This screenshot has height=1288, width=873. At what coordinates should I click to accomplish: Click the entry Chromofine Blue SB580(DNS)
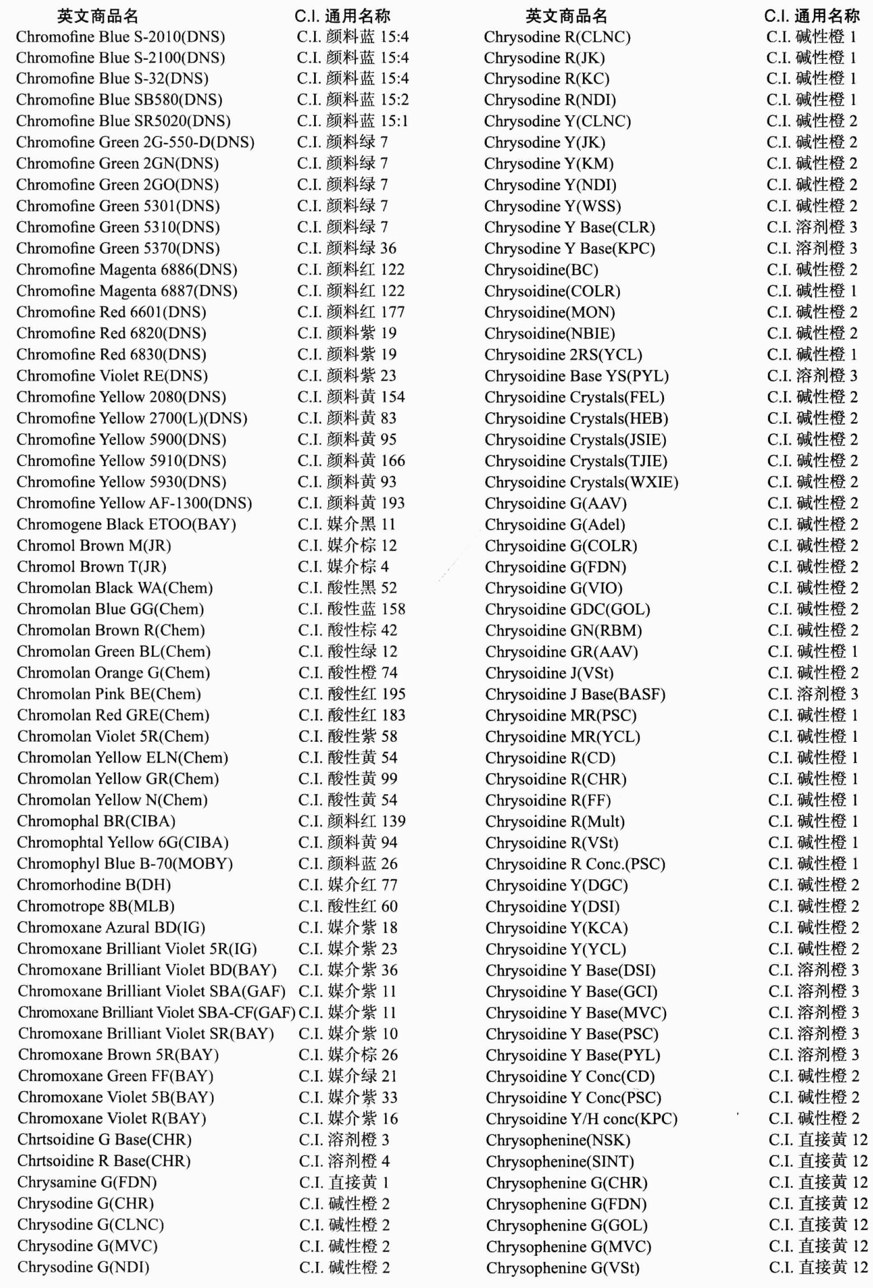tap(119, 100)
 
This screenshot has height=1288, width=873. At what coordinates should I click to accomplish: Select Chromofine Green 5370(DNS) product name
tap(118, 248)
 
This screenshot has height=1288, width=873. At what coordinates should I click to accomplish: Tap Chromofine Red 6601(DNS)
tap(111, 312)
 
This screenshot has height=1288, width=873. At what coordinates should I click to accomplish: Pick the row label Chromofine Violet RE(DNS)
tap(112, 376)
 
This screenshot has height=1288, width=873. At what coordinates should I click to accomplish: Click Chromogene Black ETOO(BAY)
tap(126, 524)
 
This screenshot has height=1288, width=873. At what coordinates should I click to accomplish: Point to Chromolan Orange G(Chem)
tap(113, 673)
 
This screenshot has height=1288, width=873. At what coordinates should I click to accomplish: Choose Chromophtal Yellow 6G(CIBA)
tap(122, 842)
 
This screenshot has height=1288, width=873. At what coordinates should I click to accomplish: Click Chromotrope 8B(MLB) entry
tap(96, 906)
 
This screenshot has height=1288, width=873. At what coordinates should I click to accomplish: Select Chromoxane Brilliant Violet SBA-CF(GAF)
tap(156, 1012)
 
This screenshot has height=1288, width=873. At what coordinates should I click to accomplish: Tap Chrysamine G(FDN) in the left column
tap(87, 1182)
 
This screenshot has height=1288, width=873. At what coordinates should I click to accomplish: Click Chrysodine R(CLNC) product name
tap(557, 37)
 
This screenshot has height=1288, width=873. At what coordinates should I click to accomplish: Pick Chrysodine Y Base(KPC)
tap(570, 248)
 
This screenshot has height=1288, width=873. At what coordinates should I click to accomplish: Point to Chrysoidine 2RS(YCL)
tap(563, 354)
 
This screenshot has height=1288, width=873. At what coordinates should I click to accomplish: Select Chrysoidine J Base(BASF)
tap(575, 694)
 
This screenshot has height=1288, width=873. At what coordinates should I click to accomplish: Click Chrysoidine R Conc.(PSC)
tap(575, 864)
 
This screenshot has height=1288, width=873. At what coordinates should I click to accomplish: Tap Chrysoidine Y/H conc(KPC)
tap(581, 1119)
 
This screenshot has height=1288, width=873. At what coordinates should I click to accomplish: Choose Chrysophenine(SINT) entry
tap(559, 1161)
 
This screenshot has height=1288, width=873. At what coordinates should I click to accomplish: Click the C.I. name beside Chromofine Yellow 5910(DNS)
tap(351, 461)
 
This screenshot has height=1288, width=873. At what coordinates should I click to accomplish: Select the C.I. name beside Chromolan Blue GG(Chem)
tap(352, 609)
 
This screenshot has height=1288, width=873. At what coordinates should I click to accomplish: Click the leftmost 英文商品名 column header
tap(97, 16)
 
